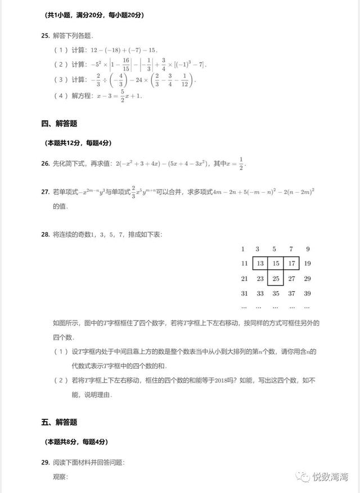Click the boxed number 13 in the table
coord(260,264)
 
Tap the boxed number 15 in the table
coord(276,264)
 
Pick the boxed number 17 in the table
coord(291,264)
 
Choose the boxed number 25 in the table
coord(276,279)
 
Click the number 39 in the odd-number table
coord(307,293)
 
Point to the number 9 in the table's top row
coord(308,249)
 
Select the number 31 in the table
coord(244,293)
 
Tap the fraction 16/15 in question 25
coord(125,65)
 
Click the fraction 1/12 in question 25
coord(185,81)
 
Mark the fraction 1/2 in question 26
coord(241,164)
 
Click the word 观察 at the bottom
coord(60,477)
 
